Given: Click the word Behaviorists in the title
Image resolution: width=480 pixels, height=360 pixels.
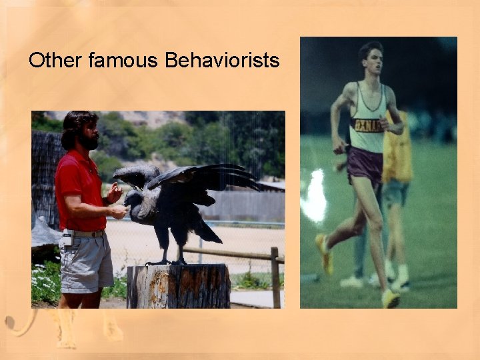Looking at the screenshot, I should coord(221,61).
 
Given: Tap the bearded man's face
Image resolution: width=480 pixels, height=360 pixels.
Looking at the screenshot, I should coord(89,133).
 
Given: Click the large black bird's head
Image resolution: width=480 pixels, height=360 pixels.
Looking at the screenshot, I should coord(134,199).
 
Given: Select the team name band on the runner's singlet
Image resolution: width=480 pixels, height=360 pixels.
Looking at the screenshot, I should coord(367,125).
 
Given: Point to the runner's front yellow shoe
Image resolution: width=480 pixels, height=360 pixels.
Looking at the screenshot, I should coord(389,298).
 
